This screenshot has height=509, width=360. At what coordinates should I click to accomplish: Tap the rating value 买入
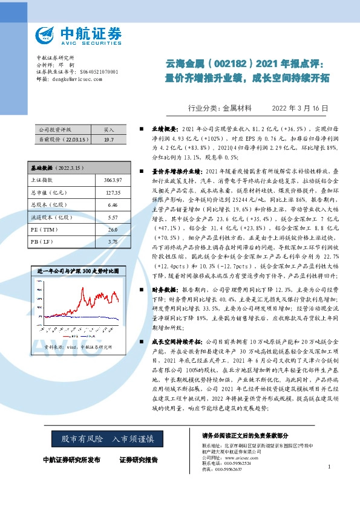pos(109,129)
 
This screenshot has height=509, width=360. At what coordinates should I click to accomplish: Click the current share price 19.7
pos(109,139)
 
